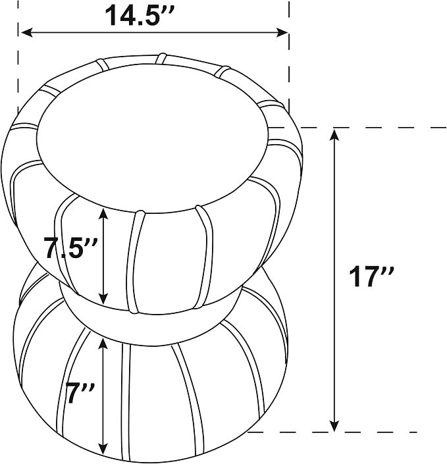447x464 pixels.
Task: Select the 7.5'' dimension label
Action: click(x=70, y=247)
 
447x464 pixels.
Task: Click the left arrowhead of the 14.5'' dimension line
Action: click(x=26, y=32)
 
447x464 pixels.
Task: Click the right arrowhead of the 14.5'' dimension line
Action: click(x=281, y=32)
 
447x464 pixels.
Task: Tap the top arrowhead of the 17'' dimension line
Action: click(x=334, y=135)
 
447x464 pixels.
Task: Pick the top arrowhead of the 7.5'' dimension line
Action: click(x=103, y=213)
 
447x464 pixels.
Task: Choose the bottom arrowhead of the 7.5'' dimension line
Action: click(x=103, y=298)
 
